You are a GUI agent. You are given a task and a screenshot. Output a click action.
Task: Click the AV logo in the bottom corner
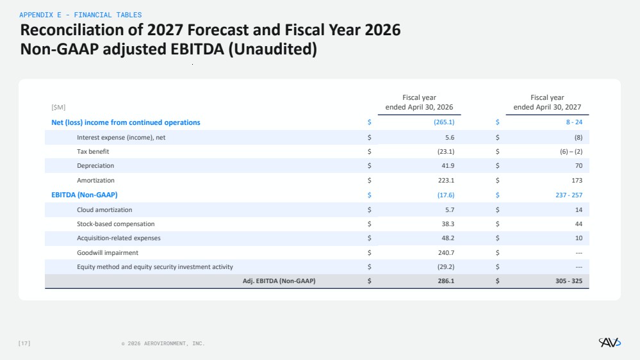tap(609, 343)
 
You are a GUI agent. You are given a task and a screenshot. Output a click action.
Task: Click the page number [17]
tap(24, 343)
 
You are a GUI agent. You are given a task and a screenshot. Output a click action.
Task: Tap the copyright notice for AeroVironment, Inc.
tap(163, 344)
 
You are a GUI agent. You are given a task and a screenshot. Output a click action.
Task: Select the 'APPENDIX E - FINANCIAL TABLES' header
tap(81, 15)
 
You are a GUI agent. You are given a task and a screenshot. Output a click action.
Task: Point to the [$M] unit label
tap(58, 108)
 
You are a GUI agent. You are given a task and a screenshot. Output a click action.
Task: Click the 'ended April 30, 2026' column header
tap(419, 107)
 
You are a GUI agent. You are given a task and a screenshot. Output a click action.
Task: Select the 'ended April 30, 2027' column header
tap(547, 107)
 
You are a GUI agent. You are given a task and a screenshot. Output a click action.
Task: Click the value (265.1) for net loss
tap(444, 122)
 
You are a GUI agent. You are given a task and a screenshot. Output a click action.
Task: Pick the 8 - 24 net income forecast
tap(574, 122)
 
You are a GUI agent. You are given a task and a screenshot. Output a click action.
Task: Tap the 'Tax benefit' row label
tap(93, 151)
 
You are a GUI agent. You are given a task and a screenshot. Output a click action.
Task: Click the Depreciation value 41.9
tap(448, 166)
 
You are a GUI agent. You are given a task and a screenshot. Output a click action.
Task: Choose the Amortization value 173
tap(577, 181)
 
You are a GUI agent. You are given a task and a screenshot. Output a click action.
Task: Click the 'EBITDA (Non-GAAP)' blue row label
tap(85, 195)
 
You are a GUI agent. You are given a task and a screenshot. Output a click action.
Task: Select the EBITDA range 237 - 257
tap(569, 195)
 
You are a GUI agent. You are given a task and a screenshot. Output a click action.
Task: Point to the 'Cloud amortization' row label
tap(104, 210)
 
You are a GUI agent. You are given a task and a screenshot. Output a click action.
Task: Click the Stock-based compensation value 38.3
tap(448, 224)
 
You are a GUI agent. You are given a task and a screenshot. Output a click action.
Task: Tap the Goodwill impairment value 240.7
tap(446, 253)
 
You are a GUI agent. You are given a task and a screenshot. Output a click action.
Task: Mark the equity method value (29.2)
tap(446, 267)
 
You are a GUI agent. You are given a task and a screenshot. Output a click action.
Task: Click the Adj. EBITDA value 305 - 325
tap(569, 281)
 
